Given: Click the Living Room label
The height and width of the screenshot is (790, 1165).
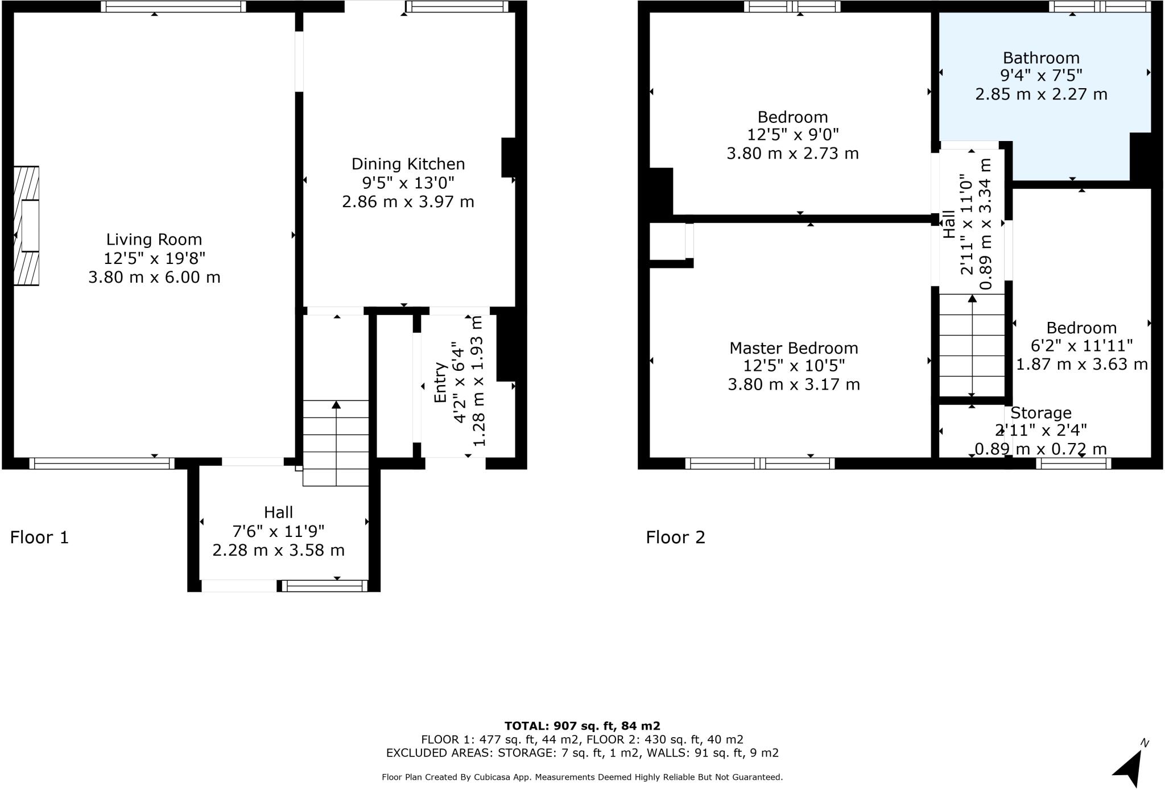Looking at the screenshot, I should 154,239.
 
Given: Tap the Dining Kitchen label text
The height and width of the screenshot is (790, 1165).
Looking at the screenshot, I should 408,164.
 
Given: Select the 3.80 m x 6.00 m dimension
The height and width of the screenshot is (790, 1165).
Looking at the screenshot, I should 154,278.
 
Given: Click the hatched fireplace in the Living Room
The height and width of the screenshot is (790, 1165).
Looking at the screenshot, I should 26,225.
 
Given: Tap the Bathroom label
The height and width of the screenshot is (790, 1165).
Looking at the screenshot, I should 1041,58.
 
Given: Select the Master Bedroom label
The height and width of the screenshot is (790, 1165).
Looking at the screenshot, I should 794,348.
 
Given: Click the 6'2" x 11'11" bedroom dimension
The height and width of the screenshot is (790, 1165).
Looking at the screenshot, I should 1081,346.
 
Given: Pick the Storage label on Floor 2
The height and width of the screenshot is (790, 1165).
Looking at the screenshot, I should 1040,413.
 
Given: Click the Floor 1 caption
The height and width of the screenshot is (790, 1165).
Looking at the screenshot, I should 39,537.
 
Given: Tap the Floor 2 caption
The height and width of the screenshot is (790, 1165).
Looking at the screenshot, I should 675,537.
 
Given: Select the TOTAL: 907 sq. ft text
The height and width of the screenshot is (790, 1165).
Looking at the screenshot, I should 582,726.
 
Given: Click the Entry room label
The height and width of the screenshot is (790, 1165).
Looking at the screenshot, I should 440,382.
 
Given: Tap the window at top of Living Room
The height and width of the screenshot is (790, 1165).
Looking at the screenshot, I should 173,6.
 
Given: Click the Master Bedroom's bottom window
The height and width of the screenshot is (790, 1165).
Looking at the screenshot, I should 760,464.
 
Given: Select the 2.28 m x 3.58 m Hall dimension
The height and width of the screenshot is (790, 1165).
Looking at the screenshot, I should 278,551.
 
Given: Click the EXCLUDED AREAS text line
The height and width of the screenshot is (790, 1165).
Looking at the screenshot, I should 582,753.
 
